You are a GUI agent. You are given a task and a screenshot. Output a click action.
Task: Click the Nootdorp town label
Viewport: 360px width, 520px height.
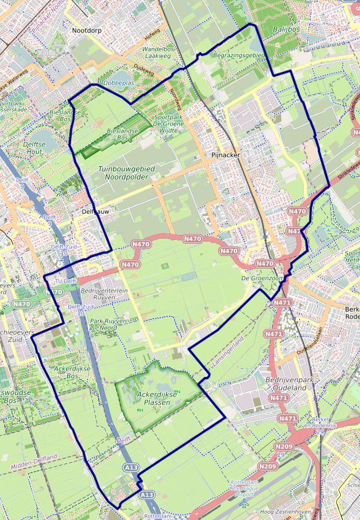click(x=87, y=30)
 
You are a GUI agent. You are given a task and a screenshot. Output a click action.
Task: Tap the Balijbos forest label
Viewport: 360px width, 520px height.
click(x=286, y=28)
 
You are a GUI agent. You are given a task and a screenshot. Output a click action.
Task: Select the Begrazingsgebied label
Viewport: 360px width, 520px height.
click(x=238, y=56)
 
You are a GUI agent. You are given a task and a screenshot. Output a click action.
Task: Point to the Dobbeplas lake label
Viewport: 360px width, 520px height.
click(x=118, y=83)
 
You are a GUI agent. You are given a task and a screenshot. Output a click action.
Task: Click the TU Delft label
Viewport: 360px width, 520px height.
click(x=65, y=281)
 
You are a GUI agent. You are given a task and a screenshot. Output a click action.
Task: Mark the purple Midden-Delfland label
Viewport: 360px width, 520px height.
click(x=34, y=462)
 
